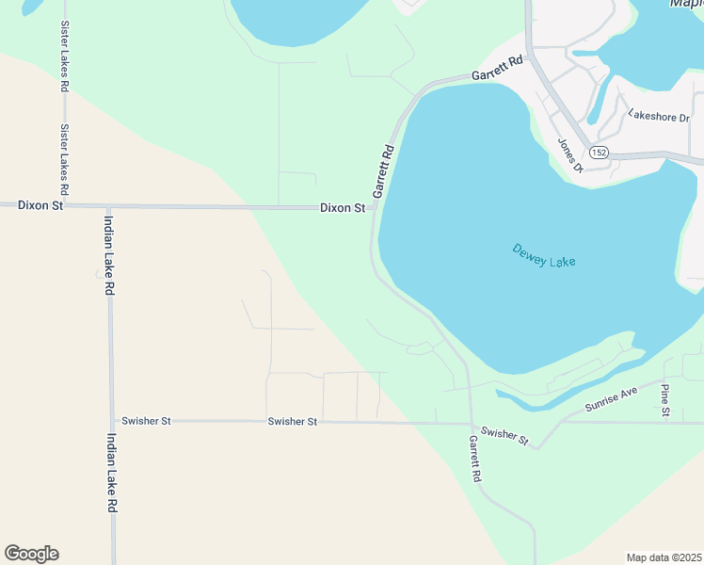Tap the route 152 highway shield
point(600,152)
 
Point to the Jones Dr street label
point(570,155)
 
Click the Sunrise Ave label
point(611,398)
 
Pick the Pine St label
point(665,400)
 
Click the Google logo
point(31,553)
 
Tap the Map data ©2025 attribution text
point(664,557)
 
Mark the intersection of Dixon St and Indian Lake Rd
point(108,206)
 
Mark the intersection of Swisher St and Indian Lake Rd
point(112,421)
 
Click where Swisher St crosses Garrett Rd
point(471,423)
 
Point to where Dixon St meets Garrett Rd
point(375,207)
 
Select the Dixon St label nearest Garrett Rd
point(342,207)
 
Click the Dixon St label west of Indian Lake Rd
point(40,204)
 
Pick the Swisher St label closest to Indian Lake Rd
point(146,421)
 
